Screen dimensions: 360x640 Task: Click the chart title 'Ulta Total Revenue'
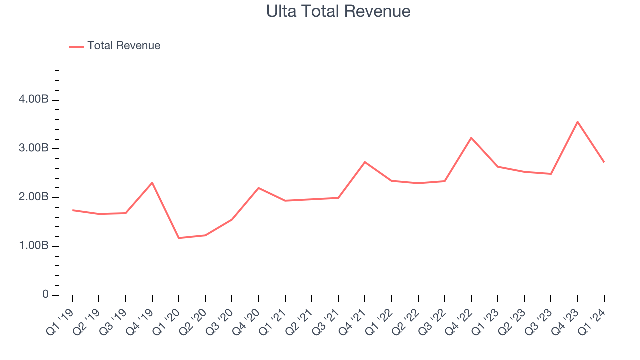coord(338,11)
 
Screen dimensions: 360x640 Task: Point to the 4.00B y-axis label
coord(33,100)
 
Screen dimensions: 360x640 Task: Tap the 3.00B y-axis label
coord(33,149)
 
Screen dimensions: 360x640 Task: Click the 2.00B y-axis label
coord(33,197)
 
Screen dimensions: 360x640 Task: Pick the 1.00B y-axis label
coord(33,246)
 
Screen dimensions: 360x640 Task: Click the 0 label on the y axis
coord(45,295)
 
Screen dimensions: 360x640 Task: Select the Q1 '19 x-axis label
coord(60,321)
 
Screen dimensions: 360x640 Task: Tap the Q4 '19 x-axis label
coord(139,321)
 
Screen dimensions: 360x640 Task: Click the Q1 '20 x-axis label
coord(166,321)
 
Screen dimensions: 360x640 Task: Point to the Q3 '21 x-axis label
coord(326,321)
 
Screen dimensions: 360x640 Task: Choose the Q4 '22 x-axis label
coord(459,321)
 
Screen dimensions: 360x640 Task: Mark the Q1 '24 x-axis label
coord(592,321)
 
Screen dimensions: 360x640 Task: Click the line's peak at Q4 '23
coord(577,122)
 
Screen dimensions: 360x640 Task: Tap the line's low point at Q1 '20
coord(179,238)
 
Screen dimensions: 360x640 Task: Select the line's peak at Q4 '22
coord(471,138)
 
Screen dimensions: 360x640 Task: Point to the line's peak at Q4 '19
coord(152,183)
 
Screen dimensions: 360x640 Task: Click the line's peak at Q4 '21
coord(365,162)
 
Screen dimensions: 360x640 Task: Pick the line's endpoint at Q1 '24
coord(604,162)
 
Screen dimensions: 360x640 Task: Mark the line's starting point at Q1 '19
coord(72,210)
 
